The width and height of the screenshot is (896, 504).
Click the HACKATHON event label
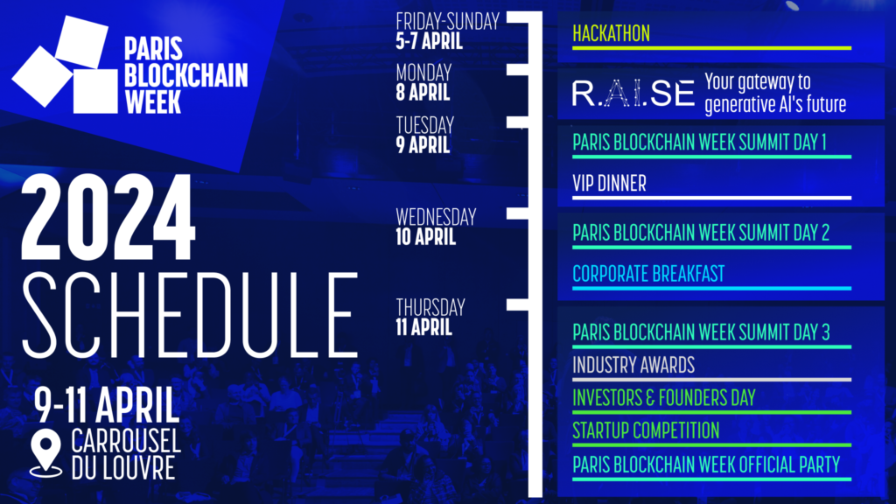click(x=611, y=34)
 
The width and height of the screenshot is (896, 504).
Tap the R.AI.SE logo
click(x=633, y=93)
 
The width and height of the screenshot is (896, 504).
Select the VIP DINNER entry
click(x=609, y=184)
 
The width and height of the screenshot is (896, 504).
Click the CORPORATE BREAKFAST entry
click(x=648, y=274)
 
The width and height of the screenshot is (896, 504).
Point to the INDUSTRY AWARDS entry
click(x=633, y=365)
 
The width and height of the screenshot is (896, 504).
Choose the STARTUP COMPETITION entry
click(x=646, y=430)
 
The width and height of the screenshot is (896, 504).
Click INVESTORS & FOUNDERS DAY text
click(x=664, y=398)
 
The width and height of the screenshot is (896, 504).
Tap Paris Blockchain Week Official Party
click(x=706, y=465)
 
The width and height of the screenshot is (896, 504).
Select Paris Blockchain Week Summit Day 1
click(x=699, y=143)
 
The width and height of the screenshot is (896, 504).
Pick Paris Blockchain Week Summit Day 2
click(x=701, y=233)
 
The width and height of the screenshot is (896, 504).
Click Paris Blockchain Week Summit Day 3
click(x=701, y=332)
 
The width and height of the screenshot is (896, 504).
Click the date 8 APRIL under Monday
click(x=423, y=92)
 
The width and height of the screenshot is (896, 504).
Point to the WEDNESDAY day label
click(x=436, y=217)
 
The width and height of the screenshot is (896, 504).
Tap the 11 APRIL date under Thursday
click(x=424, y=327)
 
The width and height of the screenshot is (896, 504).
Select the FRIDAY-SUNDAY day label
click(x=447, y=22)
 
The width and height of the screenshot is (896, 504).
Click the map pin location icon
click(x=45, y=451)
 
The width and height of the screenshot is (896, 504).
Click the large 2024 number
click(x=108, y=218)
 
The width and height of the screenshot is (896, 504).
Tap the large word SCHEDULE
click(x=190, y=314)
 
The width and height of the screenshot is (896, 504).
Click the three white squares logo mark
click(x=66, y=65)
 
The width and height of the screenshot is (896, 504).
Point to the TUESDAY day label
click(x=425, y=125)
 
